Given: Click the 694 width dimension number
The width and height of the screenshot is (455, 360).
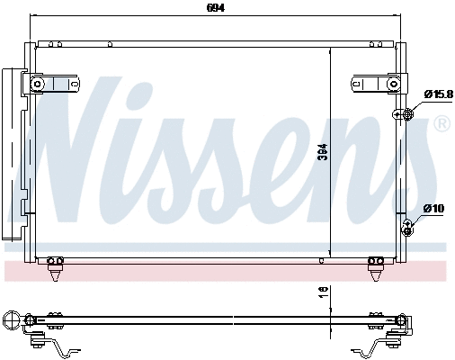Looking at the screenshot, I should tap(215, 8).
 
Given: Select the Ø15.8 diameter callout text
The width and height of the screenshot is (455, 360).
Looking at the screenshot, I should tap(438, 94).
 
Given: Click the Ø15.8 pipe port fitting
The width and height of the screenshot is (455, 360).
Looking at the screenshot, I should tap(406, 114).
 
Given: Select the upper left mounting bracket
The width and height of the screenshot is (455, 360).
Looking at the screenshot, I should tap(49, 84).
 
